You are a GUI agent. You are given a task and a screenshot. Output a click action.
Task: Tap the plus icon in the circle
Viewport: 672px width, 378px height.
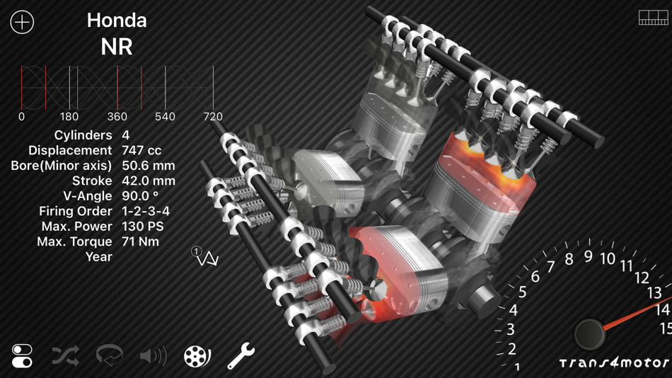[23, 22]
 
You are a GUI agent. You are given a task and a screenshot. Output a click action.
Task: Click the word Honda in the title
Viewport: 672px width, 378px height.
[117, 20]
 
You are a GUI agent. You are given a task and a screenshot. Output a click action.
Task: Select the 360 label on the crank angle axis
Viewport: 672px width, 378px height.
[117, 117]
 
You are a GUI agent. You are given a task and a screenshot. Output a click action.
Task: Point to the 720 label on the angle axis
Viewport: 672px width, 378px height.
[213, 117]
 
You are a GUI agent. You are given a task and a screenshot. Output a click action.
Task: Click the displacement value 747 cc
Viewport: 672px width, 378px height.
[141, 151]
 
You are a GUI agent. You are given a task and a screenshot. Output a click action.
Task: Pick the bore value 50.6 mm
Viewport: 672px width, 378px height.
[149, 166]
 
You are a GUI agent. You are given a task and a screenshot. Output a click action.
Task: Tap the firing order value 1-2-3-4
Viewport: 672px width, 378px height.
[146, 211]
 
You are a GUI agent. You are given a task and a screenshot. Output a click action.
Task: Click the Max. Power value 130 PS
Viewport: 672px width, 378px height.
[143, 226]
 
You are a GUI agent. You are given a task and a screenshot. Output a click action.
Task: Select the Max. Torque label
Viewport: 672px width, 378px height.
[74, 241]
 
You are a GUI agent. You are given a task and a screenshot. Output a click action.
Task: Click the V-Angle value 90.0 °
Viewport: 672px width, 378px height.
[140, 196]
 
